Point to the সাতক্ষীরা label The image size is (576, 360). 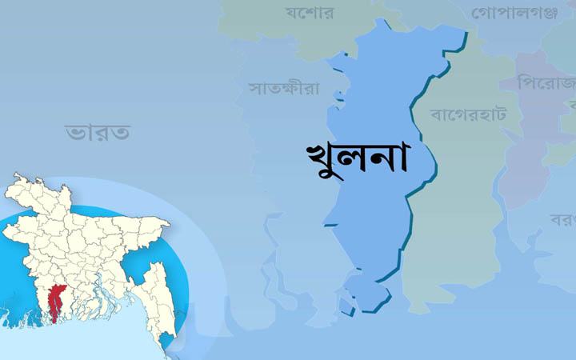coord(284,87)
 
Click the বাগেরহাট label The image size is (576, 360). coord(469,114)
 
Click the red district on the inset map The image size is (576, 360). coord(55,299)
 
